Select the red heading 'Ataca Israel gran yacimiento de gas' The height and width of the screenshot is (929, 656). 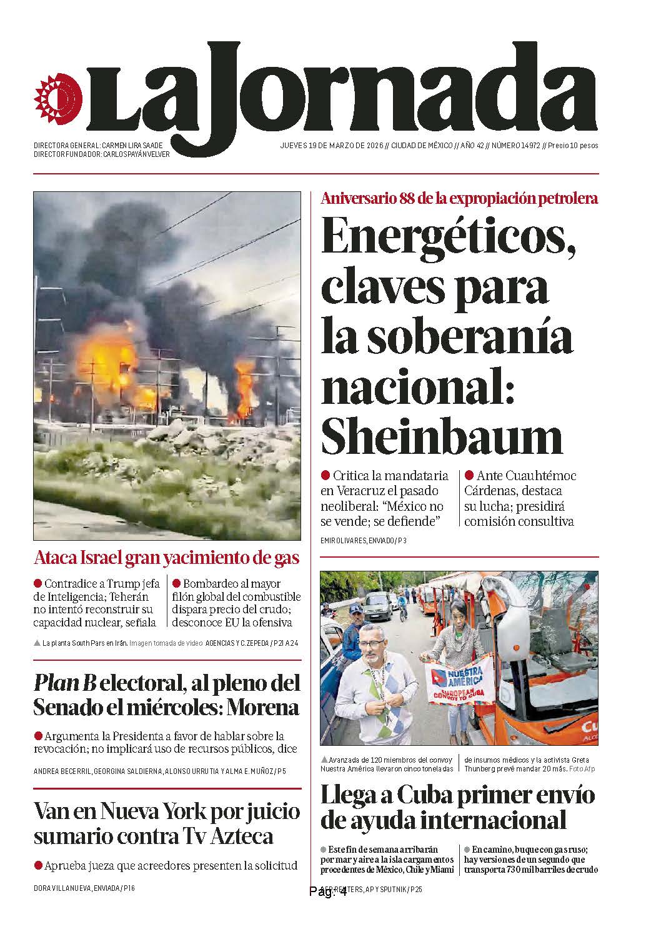[167, 558]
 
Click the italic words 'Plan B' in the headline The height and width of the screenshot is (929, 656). [64, 683]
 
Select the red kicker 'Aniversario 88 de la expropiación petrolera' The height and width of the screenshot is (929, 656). [459, 199]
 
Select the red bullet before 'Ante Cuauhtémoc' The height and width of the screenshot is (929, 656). [468, 476]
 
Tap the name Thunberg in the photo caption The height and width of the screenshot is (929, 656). [481, 768]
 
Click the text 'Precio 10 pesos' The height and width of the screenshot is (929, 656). [573, 146]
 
